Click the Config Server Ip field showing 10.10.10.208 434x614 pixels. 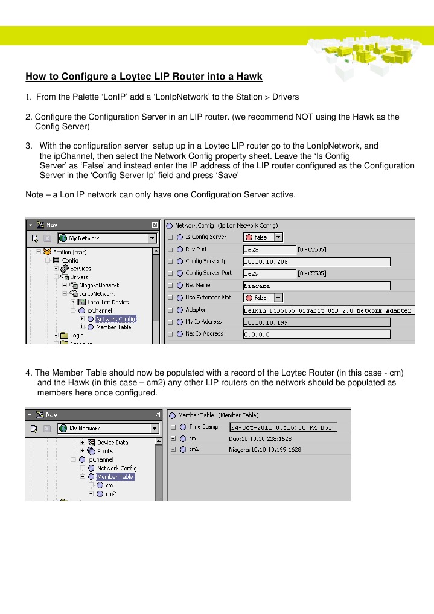click(x=316, y=261)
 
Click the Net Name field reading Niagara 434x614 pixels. click(x=316, y=286)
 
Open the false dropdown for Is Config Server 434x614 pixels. click(x=263, y=237)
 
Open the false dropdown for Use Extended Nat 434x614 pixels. click(x=263, y=298)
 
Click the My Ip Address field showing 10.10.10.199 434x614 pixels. click(x=316, y=322)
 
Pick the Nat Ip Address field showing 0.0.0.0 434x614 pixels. click(x=316, y=334)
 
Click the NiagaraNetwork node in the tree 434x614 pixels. click(x=99, y=286)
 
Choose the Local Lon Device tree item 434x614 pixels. click(x=107, y=302)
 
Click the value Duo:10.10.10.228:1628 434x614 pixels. click(x=260, y=438)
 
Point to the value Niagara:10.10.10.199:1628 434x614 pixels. click(x=264, y=449)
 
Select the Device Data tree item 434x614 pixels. click(x=112, y=443)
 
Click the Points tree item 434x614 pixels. click(x=104, y=451)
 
